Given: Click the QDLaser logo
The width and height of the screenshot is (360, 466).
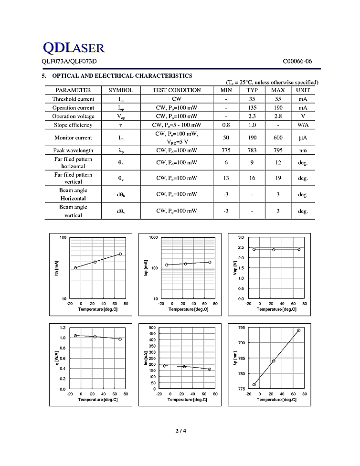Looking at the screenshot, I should coord(74,47).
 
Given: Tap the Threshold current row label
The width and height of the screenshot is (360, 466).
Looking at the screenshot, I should coord(73,99).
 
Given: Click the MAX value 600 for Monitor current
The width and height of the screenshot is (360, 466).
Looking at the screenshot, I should coord(278,138).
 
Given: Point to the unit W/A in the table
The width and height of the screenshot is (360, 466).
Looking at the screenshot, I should coord(303,125).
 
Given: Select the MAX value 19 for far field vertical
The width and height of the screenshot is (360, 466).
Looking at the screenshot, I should coord(278,178).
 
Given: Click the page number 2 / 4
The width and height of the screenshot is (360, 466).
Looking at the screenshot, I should coord(180,431).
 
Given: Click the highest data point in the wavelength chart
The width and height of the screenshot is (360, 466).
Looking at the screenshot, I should coord(299,330).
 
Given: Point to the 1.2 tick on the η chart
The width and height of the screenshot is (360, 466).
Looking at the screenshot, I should coord(62,328).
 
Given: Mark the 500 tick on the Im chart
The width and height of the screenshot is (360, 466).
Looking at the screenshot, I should coord(152,328).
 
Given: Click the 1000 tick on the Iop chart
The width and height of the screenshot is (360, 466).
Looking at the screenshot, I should coord(153,237).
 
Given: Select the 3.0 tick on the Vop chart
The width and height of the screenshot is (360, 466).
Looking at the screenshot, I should coord(241,237).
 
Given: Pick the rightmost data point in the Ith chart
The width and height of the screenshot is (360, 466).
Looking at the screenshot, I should coord(120,254).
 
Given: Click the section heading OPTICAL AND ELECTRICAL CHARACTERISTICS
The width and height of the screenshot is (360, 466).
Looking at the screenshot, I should coord(122,76).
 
